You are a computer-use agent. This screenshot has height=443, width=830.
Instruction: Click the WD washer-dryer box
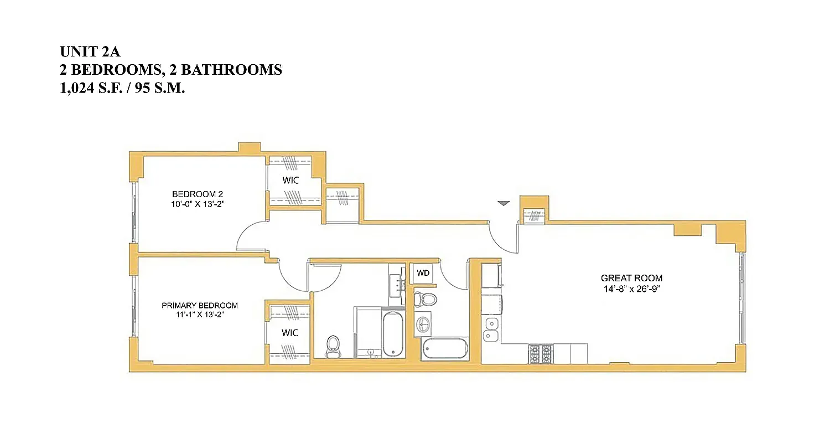click(423, 273)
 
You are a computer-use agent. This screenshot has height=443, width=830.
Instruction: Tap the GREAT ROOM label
click(631, 279)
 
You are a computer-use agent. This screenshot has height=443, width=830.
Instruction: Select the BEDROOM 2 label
click(197, 194)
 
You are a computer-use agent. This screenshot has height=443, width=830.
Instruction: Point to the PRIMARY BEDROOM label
click(200, 306)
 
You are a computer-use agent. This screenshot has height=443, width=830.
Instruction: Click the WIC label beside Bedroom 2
click(291, 181)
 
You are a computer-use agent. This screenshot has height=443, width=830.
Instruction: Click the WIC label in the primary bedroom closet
click(289, 333)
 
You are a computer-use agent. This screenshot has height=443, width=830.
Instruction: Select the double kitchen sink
click(491, 329)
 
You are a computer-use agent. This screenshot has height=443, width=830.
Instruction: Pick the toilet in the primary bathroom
click(333, 346)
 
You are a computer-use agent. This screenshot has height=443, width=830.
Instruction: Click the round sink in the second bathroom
click(423, 323)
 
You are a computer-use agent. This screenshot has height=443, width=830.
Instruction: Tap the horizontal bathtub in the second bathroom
click(444, 349)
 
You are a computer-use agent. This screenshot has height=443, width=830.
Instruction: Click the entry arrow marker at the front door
click(502, 204)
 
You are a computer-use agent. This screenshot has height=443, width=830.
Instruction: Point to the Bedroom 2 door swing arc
click(248, 236)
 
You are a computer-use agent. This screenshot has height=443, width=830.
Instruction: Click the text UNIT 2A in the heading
click(90, 52)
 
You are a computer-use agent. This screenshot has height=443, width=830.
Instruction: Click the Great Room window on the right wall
click(742, 299)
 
